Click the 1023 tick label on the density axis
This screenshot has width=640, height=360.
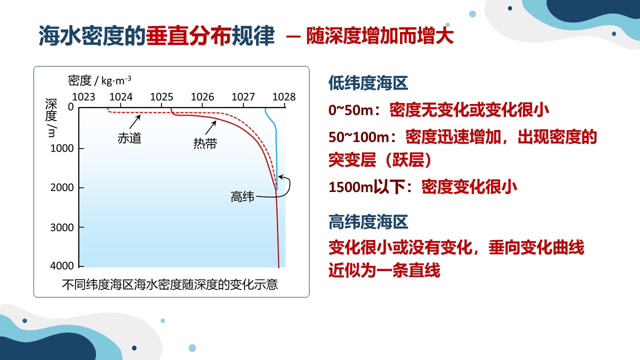pyautogui.click(x=83, y=97)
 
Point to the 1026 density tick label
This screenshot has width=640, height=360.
pyautogui.click(x=202, y=97)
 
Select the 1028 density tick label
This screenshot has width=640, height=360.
pyautogui.click(x=283, y=97)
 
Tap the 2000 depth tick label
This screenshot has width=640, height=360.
pyautogui.click(x=62, y=187)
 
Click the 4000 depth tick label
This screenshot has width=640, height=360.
pyautogui.click(x=62, y=266)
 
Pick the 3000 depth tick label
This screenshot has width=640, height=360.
pyautogui.click(x=62, y=227)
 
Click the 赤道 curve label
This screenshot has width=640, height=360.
pyautogui.click(x=129, y=138)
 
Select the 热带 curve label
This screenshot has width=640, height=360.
pyautogui.click(x=205, y=143)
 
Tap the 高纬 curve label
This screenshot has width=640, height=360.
pyautogui.click(x=242, y=197)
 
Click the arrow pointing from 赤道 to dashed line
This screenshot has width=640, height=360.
pyautogui.click(x=135, y=122)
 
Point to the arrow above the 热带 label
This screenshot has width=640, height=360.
pyautogui.click(x=211, y=127)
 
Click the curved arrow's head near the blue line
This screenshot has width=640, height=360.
pyautogui.click(x=280, y=177)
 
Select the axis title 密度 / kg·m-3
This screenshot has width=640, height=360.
pyautogui.click(x=99, y=80)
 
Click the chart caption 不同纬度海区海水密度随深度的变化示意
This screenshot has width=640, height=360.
pyautogui.click(x=170, y=284)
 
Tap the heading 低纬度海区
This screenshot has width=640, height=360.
pyautogui.click(x=368, y=83)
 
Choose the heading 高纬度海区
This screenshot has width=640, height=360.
pyautogui.click(x=368, y=222)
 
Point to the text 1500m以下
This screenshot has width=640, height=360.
pyautogui.click(x=367, y=187)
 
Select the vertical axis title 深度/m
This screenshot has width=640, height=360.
pyautogui.click(x=51, y=117)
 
